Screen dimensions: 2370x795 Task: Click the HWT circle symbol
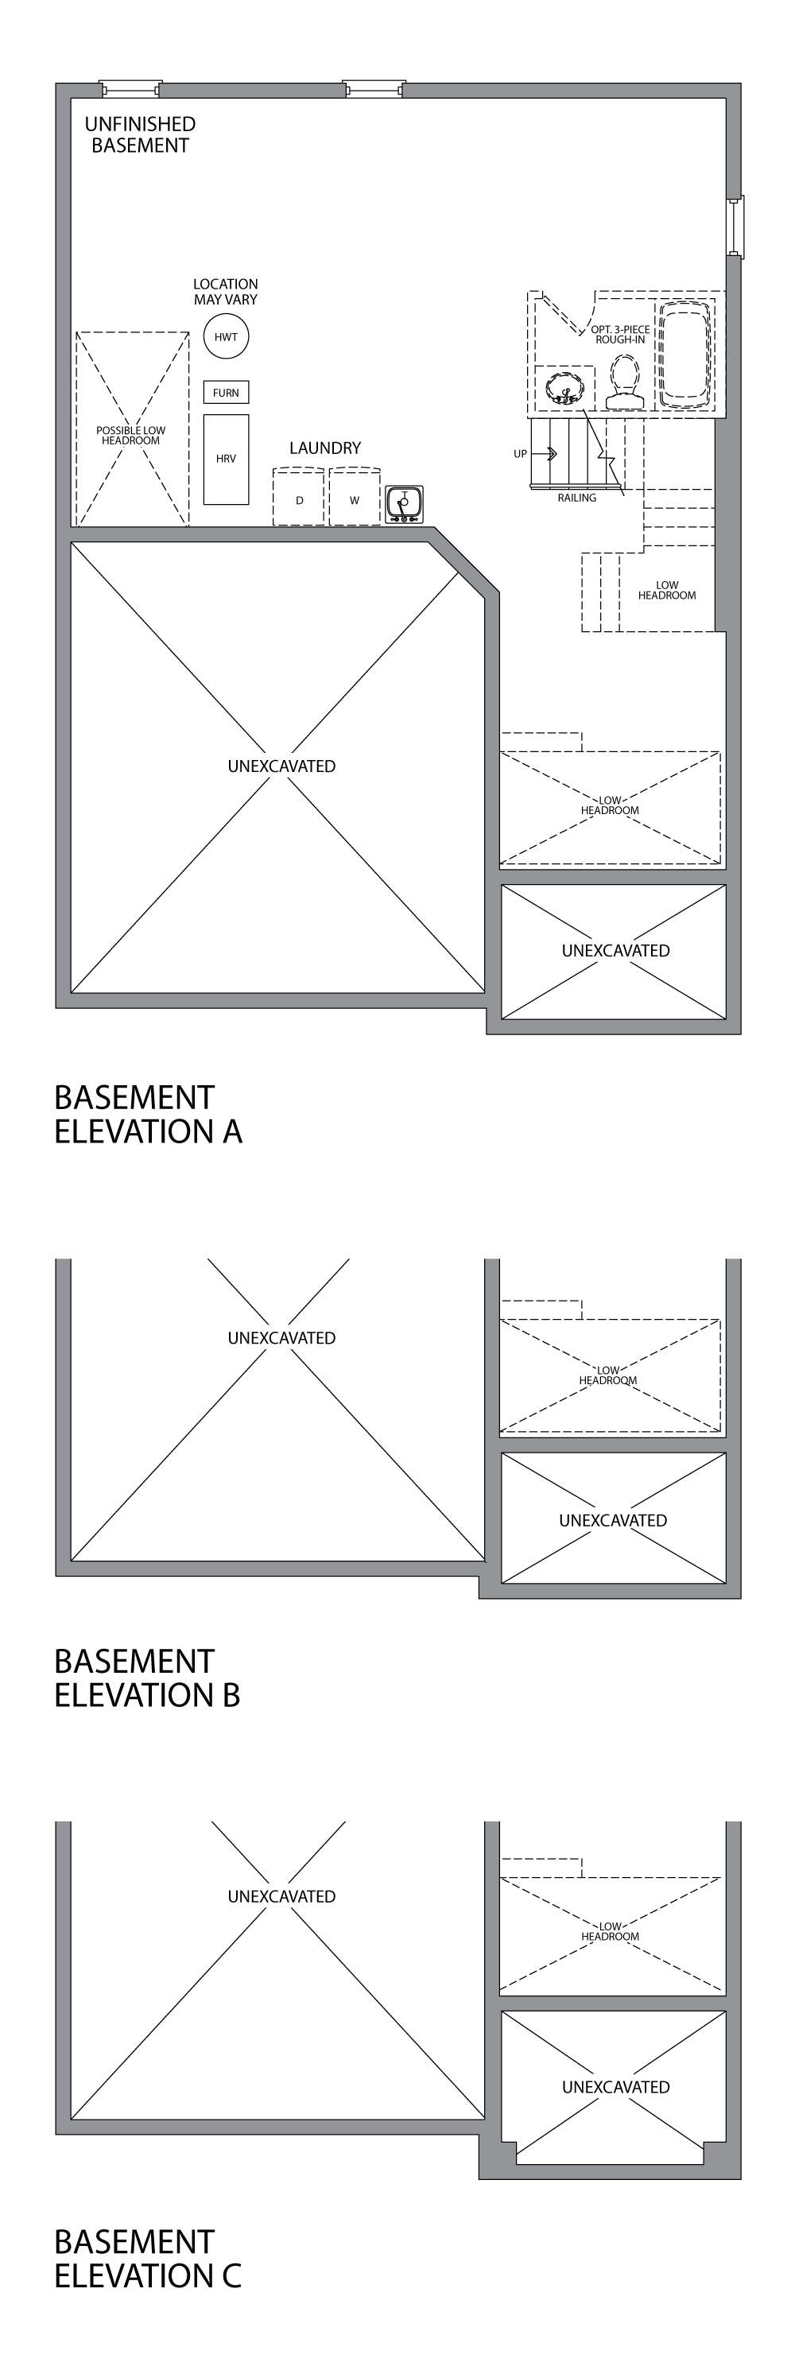click(x=226, y=337)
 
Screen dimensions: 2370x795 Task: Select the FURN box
click(x=226, y=393)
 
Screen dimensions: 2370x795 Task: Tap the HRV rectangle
click(x=226, y=458)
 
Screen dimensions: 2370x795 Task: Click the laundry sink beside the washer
click(x=404, y=503)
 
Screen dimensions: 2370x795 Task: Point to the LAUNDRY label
click(x=325, y=448)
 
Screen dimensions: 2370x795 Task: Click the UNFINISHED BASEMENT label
click(x=140, y=134)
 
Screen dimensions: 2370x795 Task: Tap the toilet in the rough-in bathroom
click(x=625, y=382)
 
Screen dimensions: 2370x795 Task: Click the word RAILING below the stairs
click(x=577, y=498)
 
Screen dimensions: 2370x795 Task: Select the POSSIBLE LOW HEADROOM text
click(x=130, y=435)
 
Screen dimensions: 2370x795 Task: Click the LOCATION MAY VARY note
click(x=226, y=292)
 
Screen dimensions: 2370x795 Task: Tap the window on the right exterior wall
click(x=735, y=227)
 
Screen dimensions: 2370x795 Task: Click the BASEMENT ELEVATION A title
click(x=147, y=1114)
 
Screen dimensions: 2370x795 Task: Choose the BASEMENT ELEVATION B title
click(x=147, y=1678)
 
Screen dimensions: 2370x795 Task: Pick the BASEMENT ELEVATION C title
click(x=147, y=2259)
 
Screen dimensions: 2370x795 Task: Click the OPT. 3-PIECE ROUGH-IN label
click(x=620, y=334)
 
